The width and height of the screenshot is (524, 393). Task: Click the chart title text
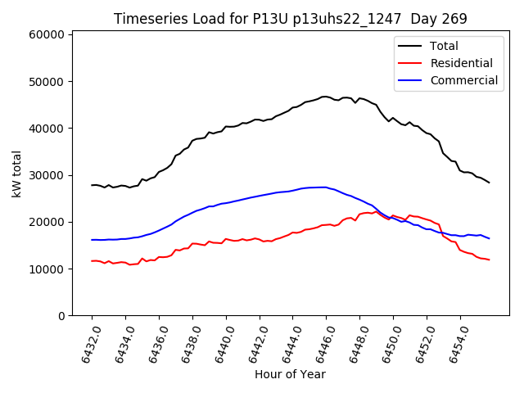coord(291,19)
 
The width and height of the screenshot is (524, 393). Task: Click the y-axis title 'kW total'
coord(16,174)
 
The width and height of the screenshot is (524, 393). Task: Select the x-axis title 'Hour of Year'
coord(290,374)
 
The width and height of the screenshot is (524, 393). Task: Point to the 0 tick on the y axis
coord(61,316)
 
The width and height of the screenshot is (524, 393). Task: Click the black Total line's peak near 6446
coord(325,97)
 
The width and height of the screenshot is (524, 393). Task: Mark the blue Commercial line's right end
coord(489,238)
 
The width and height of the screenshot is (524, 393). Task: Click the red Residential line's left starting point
coord(92,261)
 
